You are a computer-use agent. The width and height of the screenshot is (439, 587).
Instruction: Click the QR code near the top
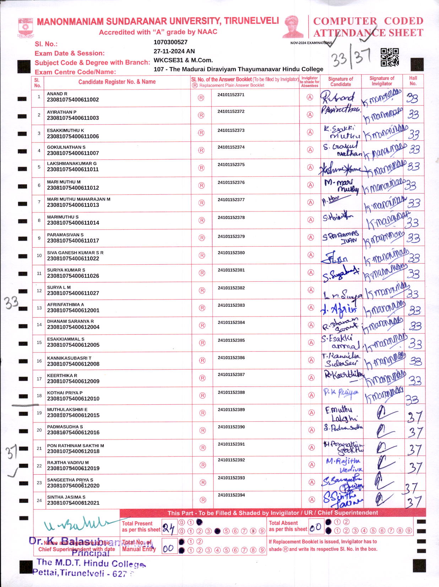[x=390, y=57]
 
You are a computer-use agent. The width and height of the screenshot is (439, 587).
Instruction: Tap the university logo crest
[x=26, y=28]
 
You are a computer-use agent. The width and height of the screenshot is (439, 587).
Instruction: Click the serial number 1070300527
[x=170, y=42]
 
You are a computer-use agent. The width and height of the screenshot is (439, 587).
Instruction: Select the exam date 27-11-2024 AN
[x=174, y=51]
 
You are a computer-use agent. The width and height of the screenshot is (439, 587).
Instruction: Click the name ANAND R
[x=57, y=94]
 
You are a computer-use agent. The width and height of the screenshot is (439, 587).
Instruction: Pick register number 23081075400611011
[x=73, y=169]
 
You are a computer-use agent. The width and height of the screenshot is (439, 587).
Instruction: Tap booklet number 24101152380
[x=231, y=253]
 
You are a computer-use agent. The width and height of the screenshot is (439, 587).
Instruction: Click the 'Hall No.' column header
[x=413, y=81]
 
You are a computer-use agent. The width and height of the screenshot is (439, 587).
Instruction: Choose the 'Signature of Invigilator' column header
[x=382, y=81]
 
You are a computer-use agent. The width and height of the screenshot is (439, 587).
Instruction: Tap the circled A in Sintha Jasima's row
[x=312, y=500]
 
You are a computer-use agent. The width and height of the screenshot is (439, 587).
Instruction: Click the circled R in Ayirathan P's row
[x=201, y=115]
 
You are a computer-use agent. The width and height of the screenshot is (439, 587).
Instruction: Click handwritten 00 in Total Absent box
[x=315, y=527]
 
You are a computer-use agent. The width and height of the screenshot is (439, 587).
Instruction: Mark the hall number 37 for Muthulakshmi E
[x=414, y=416]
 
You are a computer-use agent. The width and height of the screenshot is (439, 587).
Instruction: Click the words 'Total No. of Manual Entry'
[x=139, y=545]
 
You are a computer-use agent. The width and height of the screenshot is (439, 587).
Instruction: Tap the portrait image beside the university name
[x=293, y=27]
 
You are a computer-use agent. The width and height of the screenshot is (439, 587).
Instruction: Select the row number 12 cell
[x=39, y=291]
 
